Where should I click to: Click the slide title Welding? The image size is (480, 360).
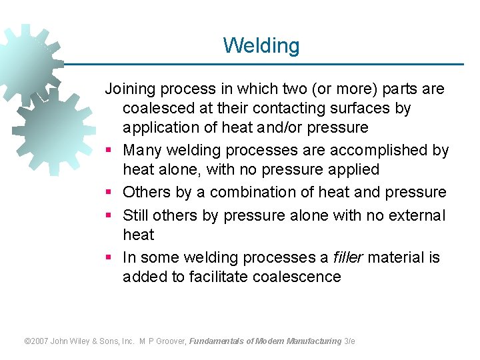coord(261,45)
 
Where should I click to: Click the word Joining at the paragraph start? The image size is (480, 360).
coord(131,89)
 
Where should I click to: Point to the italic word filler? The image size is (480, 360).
coord(348,257)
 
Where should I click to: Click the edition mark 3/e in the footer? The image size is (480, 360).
coord(350,341)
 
